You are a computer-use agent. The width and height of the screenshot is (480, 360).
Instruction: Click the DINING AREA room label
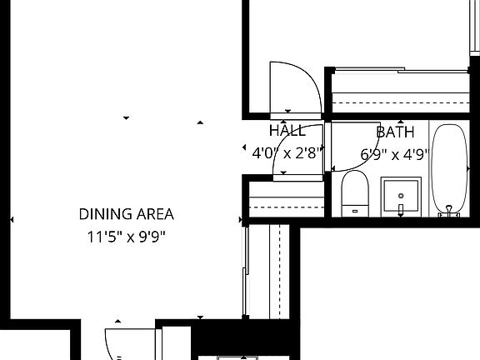point(127,214)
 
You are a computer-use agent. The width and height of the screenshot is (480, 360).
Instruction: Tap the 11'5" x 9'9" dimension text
point(127,236)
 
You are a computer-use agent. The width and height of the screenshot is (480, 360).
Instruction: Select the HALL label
point(287,131)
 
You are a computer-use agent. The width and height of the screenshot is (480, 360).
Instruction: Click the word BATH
point(395,132)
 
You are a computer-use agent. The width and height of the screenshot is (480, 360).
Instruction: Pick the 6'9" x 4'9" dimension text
point(393,153)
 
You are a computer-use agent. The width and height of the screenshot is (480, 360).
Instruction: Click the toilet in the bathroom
point(355,193)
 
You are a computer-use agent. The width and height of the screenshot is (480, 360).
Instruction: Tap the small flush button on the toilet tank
point(355,211)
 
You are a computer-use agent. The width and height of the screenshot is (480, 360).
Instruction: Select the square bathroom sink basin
point(402,194)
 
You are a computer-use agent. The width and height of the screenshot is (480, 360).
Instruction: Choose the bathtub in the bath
point(451,170)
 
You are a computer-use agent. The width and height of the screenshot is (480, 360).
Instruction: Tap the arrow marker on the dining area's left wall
point(11,219)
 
